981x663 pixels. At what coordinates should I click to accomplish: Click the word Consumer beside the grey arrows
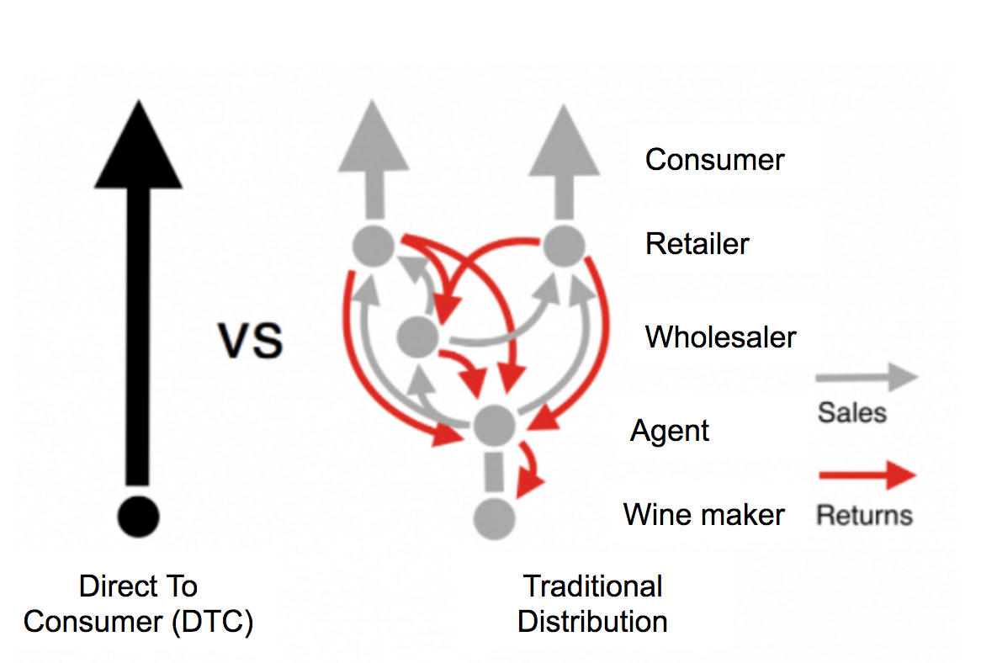click(x=714, y=160)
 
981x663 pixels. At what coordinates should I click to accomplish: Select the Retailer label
click(x=697, y=244)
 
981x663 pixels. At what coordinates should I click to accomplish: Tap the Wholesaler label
click(x=720, y=337)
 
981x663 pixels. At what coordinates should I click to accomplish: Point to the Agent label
click(x=670, y=431)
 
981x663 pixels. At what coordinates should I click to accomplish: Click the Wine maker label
click(x=704, y=514)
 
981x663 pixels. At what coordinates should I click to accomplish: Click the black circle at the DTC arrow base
click(x=139, y=515)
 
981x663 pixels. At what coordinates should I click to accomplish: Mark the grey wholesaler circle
click(x=417, y=337)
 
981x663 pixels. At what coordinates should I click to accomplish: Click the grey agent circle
click(x=494, y=425)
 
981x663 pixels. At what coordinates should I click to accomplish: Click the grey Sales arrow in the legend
click(x=867, y=378)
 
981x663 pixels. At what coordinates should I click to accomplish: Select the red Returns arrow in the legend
click(x=867, y=476)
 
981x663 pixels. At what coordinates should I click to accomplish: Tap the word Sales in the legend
click(x=851, y=412)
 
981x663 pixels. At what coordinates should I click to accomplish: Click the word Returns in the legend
click(x=864, y=513)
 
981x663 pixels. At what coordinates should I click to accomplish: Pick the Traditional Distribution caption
click(x=592, y=603)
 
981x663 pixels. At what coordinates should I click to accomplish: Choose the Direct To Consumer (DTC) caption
click(x=138, y=603)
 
